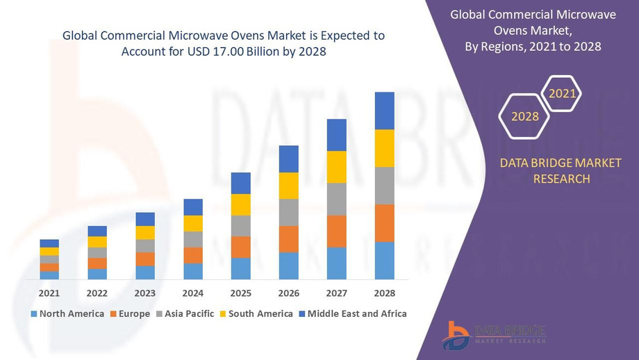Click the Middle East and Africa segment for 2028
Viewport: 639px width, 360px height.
coord(384,111)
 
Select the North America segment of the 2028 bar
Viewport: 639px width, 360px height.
coord(384,261)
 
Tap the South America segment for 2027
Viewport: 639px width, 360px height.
coord(336,167)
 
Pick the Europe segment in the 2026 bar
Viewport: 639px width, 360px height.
coord(288,239)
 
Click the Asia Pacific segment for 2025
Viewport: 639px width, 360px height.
coord(240,226)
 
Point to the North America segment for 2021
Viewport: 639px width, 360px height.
coord(49,275)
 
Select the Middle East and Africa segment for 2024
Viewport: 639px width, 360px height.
coord(193,207)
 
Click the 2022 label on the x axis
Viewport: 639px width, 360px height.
coord(97,293)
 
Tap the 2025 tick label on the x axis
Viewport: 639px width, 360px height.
coord(240,293)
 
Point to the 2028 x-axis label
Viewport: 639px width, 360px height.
coord(384,293)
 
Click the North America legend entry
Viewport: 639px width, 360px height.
coord(67,313)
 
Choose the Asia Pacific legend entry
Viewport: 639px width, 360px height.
coord(184,313)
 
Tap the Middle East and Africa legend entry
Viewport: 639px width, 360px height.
coord(352,313)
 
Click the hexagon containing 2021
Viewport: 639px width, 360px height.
coord(562,93)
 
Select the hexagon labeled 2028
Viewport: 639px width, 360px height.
coord(525,116)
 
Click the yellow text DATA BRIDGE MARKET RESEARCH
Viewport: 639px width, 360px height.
coord(561,171)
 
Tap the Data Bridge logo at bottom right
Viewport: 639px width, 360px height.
coord(494,335)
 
